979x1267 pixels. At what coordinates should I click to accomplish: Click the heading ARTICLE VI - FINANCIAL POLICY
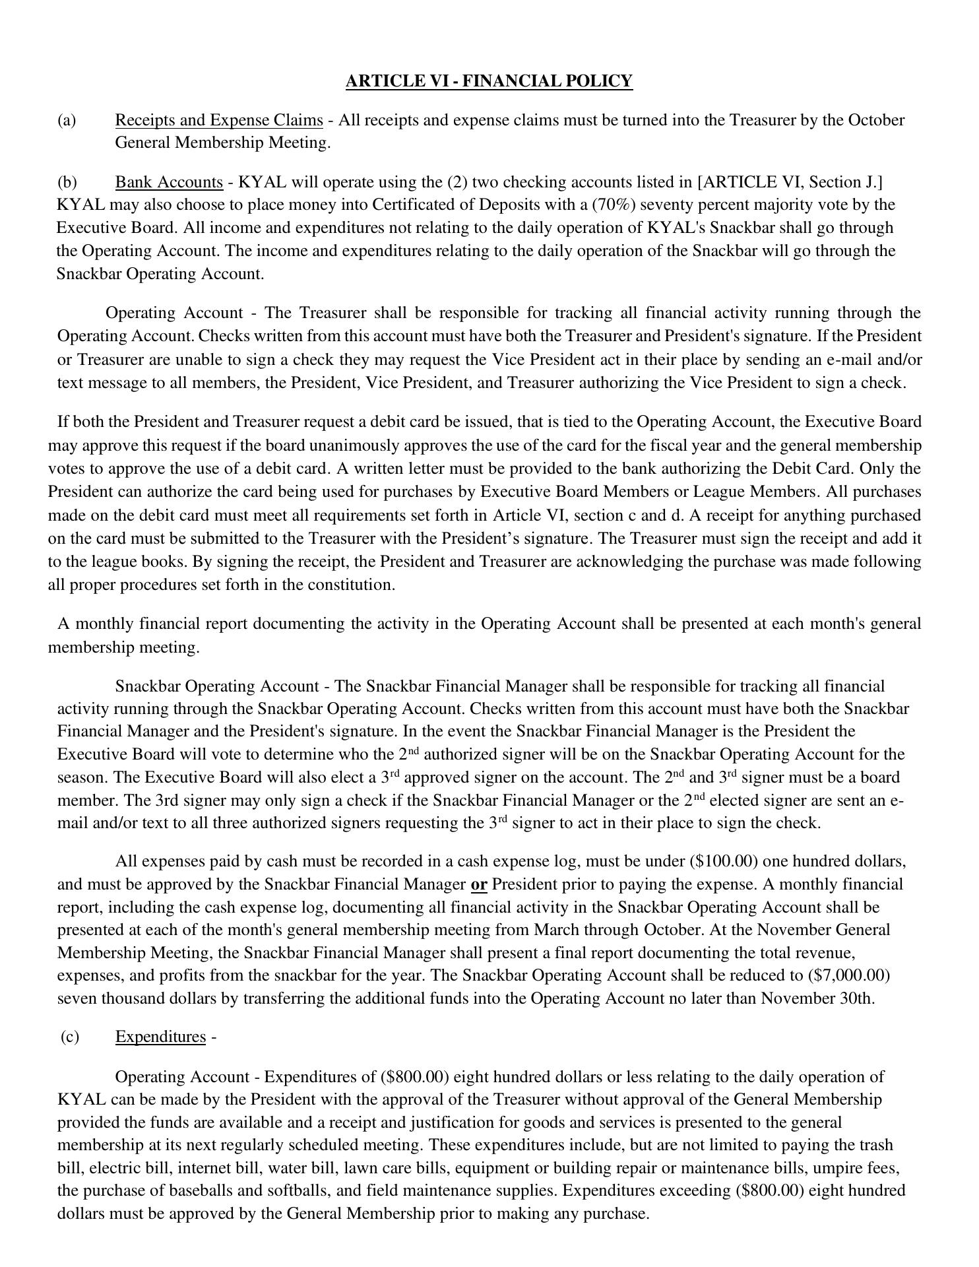pyautogui.click(x=489, y=81)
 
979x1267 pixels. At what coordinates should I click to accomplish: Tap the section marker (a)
pyautogui.click(x=67, y=120)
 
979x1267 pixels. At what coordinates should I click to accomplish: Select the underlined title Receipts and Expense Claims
pyautogui.click(x=219, y=120)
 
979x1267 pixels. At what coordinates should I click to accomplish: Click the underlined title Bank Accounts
pyautogui.click(x=169, y=182)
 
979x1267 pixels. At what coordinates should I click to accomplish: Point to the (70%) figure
pyautogui.click(x=616, y=205)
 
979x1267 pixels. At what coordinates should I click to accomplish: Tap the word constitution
pyautogui.click(x=354, y=585)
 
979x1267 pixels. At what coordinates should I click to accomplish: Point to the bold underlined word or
pyautogui.click(x=478, y=884)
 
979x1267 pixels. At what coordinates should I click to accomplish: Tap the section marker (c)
pyautogui.click(x=69, y=1037)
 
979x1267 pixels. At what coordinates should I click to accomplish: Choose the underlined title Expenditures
pyautogui.click(x=160, y=1037)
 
